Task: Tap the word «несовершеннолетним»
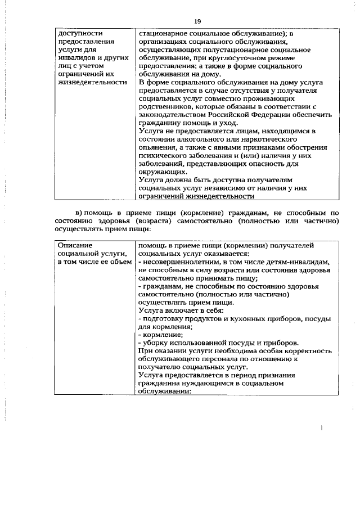tap(180, 262)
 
